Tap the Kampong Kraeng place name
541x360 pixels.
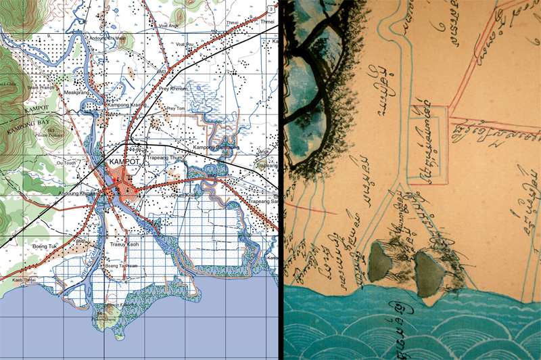click(124, 107)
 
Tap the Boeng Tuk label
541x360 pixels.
click(45, 248)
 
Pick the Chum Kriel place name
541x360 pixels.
click(183, 195)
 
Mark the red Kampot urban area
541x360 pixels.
click(121, 184)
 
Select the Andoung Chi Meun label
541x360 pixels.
click(108, 38)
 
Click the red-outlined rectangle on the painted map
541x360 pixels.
click(429, 144)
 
